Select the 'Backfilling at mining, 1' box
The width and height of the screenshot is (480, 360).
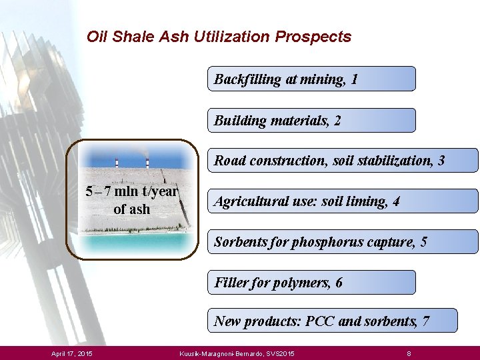(311, 79)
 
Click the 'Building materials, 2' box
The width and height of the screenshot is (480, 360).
(311, 121)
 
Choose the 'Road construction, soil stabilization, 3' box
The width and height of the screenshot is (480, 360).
(343, 161)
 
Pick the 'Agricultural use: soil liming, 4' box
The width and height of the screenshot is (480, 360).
(343, 201)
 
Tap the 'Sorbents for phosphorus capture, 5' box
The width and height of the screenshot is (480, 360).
(343, 241)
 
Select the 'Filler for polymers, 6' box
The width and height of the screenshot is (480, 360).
(311, 282)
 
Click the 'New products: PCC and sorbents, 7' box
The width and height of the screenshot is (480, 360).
(333, 321)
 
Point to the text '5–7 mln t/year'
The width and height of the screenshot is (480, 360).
(132, 192)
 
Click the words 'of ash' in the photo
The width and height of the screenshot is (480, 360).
(132, 209)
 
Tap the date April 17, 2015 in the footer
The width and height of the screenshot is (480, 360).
(72, 352)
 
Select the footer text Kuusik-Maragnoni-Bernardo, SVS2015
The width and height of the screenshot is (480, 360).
(237, 352)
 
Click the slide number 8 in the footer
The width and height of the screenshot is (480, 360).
(409, 352)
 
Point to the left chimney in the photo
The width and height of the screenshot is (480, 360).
(117, 163)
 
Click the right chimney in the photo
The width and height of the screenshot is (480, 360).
(147, 163)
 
